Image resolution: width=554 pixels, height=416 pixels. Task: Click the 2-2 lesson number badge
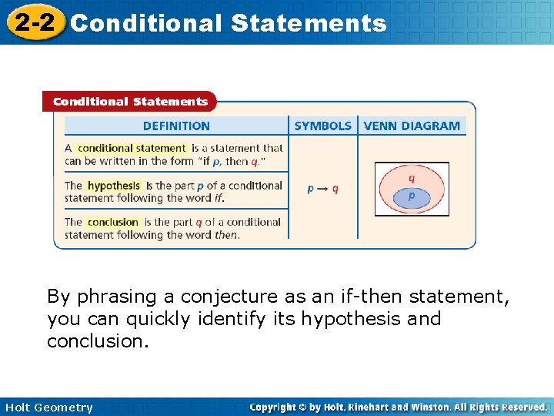click(x=32, y=22)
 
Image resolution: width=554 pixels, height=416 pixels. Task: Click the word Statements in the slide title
click(x=308, y=23)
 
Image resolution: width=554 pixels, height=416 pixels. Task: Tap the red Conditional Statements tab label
click(x=130, y=102)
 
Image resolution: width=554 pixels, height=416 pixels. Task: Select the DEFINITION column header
click(x=176, y=126)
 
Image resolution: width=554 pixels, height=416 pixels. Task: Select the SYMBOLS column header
click(x=322, y=126)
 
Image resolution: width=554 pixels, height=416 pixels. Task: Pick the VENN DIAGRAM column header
click(x=412, y=126)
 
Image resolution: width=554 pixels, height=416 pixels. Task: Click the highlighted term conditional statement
click(x=132, y=148)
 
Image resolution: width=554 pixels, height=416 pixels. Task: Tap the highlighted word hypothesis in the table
click(x=114, y=186)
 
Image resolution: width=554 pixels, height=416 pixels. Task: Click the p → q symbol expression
click(x=322, y=189)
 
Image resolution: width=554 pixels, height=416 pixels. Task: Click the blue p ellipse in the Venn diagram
click(x=411, y=197)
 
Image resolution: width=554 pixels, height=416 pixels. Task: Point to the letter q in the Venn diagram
click(x=412, y=177)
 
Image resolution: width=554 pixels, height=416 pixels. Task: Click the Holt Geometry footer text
click(x=48, y=408)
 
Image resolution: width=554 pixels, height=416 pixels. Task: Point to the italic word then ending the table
click(x=226, y=235)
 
